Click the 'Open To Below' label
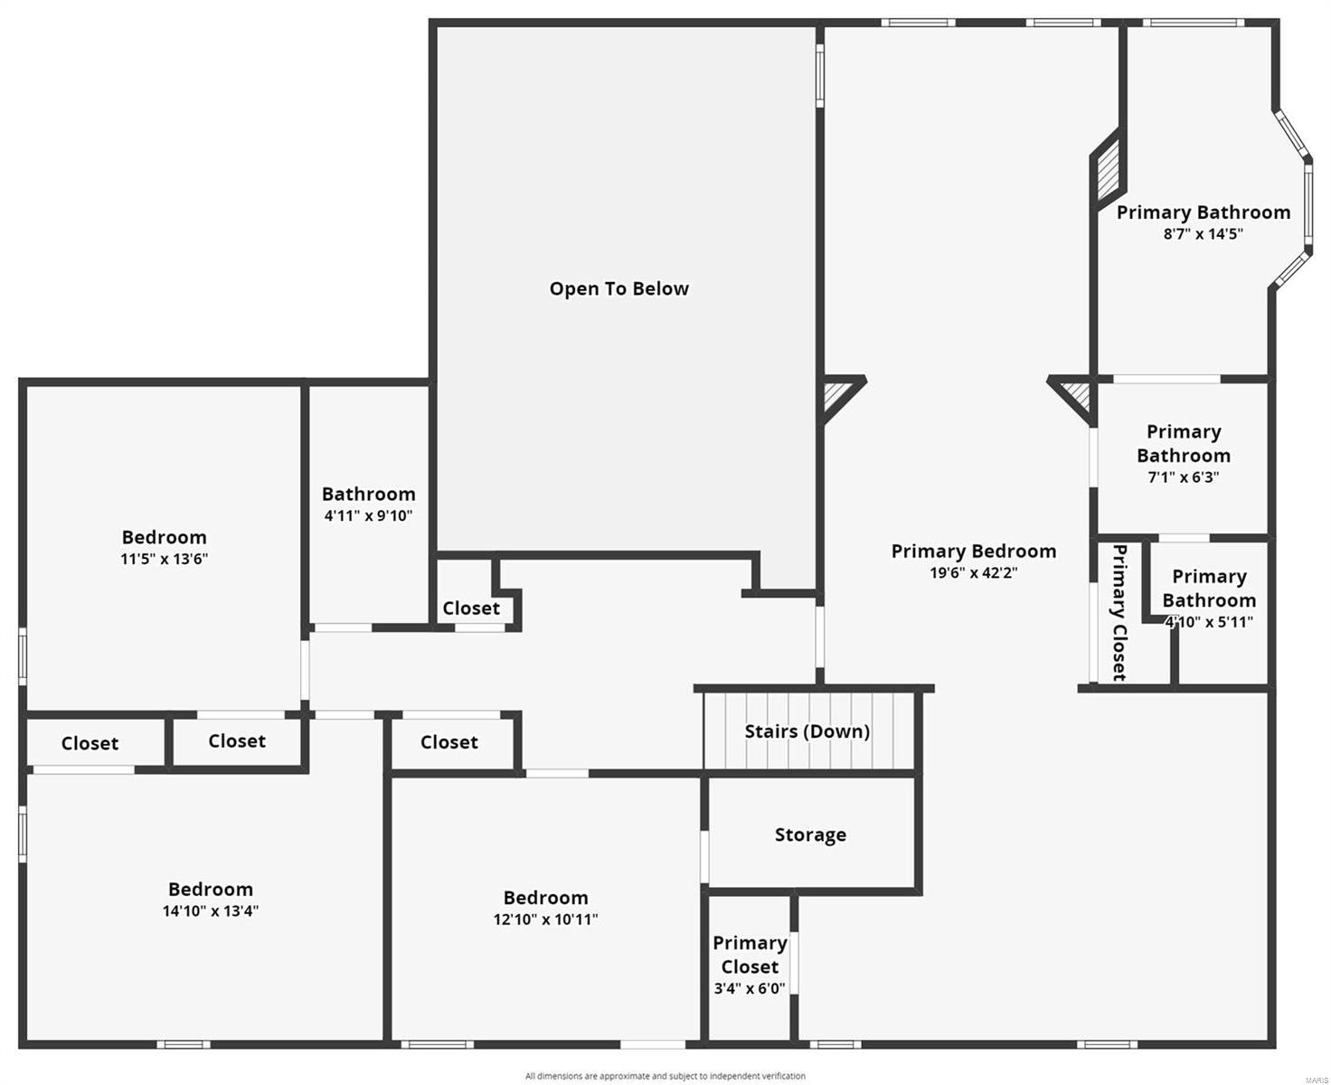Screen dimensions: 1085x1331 pyautogui.click(x=619, y=289)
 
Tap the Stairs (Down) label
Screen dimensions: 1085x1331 pyautogui.click(x=807, y=731)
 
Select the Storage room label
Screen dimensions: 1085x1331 pyautogui.click(x=810, y=835)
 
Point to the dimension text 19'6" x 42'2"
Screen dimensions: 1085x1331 pyautogui.click(x=974, y=572)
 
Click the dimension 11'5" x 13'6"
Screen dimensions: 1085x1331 pyautogui.click(x=165, y=559)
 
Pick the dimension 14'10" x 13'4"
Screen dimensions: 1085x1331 pyautogui.click(x=211, y=911)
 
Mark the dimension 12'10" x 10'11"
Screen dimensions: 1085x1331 pyautogui.click(x=545, y=920)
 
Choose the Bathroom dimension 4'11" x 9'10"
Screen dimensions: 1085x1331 pyautogui.click(x=368, y=516)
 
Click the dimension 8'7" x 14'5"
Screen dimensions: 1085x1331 pyautogui.click(x=1203, y=234)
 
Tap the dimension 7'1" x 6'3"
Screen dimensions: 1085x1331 pyautogui.click(x=1183, y=477)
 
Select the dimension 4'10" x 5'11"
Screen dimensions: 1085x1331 pyautogui.click(x=1209, y=622)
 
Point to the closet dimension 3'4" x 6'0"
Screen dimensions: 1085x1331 pyautogui.click(x=750, y=989)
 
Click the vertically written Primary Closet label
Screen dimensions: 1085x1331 pyautogui.click(x=1119, y=612)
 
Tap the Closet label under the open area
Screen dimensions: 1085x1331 pyautogui.click(x=471, y=609)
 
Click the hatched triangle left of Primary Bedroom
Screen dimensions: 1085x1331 pyautogui.click(x=835, y=396)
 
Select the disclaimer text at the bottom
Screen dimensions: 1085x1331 pyautogui.click(x=665, y=1076)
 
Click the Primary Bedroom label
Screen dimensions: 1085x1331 pyautogui.click(x=974, y=552)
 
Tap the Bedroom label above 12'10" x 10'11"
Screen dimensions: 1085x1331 pyautogui.click(x=545, y=898)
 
